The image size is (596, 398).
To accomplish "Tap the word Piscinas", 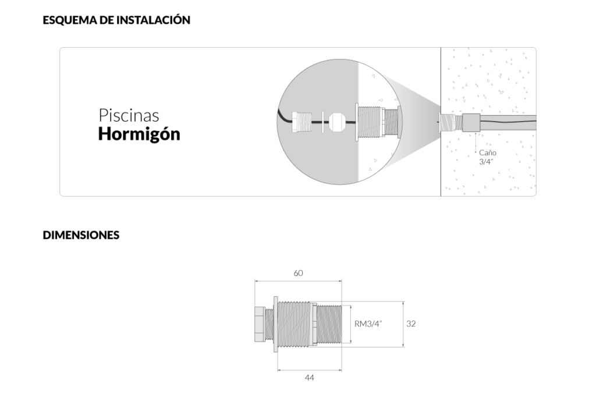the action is pos(129,116).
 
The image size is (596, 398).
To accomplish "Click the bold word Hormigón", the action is pos(139,134).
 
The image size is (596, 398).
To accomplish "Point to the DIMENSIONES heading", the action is pos(81,235).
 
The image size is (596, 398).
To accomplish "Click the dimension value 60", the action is pos(299,273).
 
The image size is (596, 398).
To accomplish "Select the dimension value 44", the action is pos(310,378).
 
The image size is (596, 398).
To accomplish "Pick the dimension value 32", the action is pos(411,324).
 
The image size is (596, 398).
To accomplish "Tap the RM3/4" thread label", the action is pos(368,324).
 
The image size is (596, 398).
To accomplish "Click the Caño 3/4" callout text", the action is pos(488,157).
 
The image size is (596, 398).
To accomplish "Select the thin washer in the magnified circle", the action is pos(322,122).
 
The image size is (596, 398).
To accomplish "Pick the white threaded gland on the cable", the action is pos(301,122).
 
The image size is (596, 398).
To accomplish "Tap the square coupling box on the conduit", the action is pos(471,122).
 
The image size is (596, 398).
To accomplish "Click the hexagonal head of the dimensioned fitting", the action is pos(260,324).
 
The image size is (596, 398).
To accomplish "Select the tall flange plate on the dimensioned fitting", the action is pos(275,324).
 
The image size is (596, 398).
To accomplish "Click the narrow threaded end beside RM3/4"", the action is pos(329,324).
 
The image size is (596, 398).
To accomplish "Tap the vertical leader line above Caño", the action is pos(476,142).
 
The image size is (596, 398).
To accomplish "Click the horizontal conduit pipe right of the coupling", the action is pos(508,122).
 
